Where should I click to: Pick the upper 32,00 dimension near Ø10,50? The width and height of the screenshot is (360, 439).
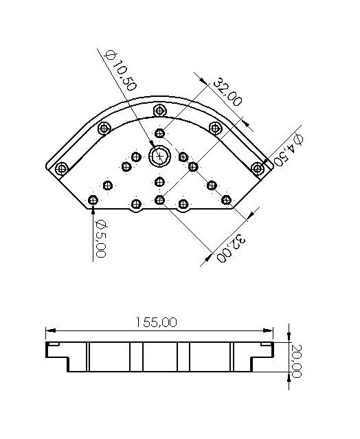(x=226, y=92)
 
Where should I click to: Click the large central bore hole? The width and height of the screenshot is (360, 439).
(x=160, y=156)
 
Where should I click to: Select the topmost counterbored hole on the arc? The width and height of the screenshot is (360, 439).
(x=160, y=110)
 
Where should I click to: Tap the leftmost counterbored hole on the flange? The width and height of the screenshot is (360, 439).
(x=62, y=168)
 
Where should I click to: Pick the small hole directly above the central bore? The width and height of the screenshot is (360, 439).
(x=160, y=133)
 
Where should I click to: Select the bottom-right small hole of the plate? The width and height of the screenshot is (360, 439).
(x=226, y=200)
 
